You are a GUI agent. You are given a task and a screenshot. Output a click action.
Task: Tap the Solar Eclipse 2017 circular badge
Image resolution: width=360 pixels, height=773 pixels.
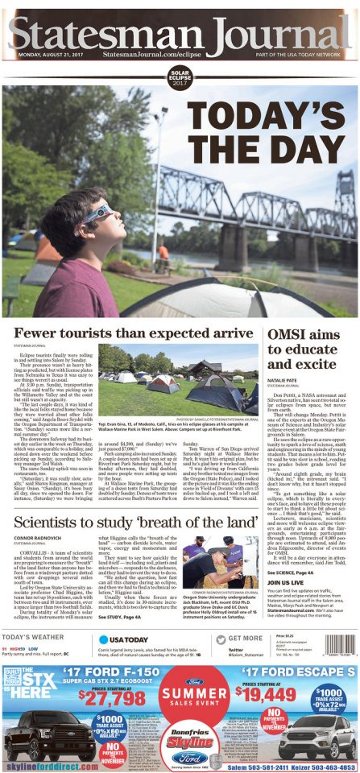tap(179, 78)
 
